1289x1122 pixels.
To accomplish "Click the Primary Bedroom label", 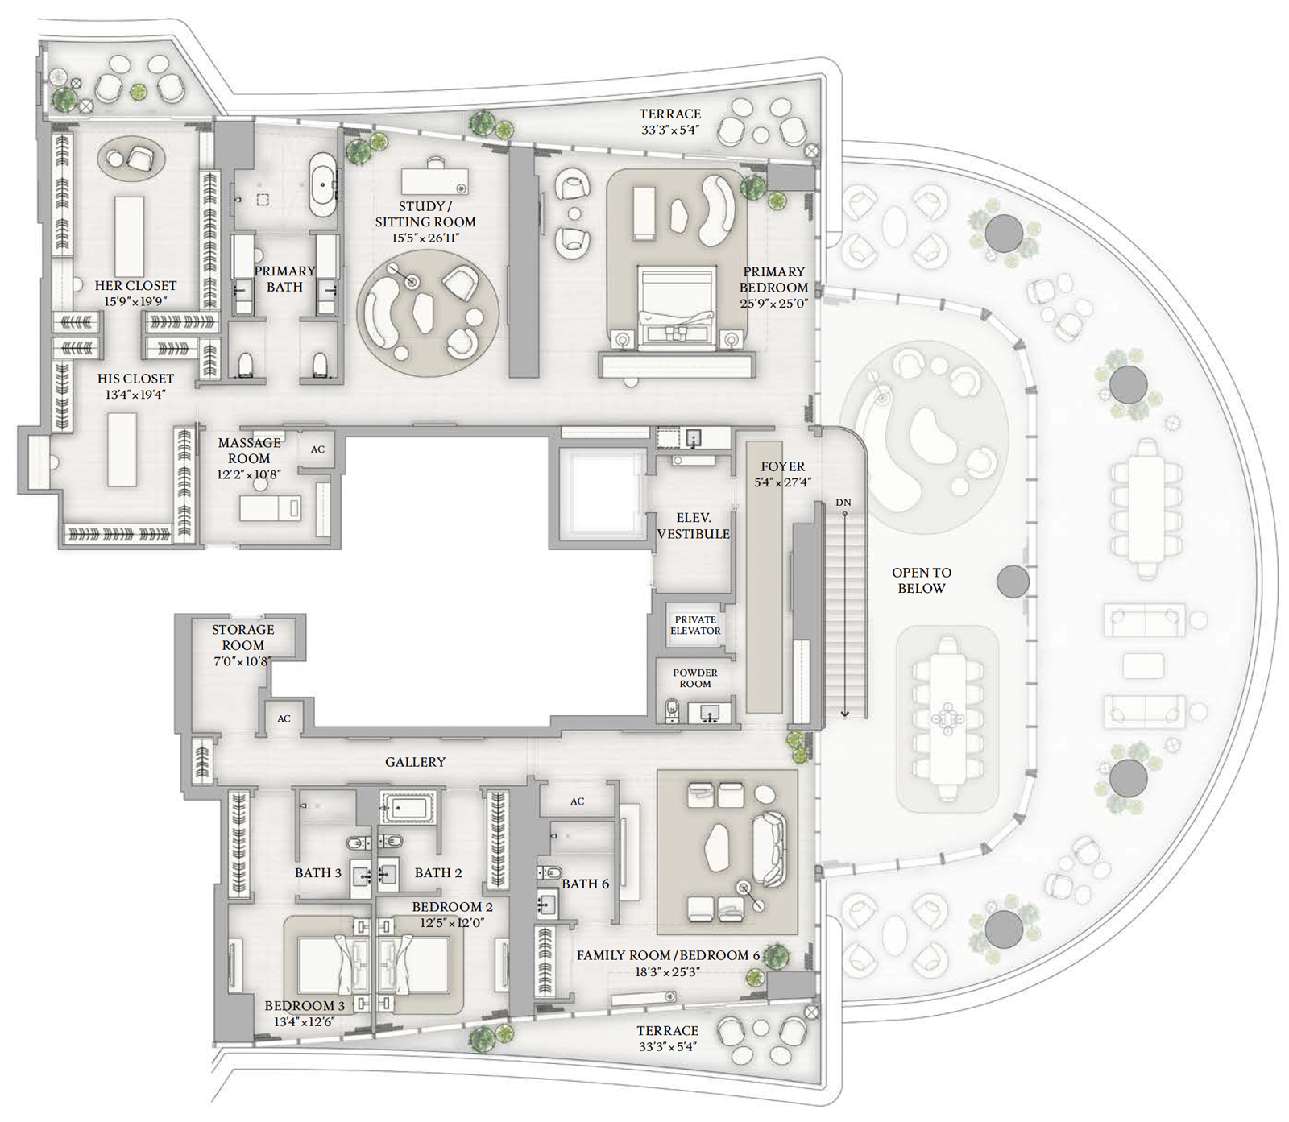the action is [x=773, y=279].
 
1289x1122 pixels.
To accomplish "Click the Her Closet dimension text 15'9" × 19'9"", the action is [x=135, y=301].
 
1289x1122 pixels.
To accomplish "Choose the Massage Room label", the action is [x=249, y=450].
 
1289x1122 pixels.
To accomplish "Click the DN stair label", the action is [x=843, y=503].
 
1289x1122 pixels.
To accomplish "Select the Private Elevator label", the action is [x=695, y=625].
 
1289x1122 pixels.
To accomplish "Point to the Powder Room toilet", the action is [x=673, y=710].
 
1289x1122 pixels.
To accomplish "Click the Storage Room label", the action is [x=243, y=637].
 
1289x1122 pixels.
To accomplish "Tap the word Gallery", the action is [x=415, y=762].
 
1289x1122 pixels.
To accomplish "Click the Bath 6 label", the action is [x=585, y=884].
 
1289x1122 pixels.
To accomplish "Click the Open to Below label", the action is [x=922, y=580].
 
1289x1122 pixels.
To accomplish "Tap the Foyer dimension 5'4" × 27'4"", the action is [x=782, y=482].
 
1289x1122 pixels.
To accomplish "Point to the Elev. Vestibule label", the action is [x=694, y=526].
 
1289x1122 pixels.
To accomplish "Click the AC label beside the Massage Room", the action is [x=317, y=449].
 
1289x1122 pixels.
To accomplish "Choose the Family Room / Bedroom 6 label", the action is [x=668, y=955].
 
